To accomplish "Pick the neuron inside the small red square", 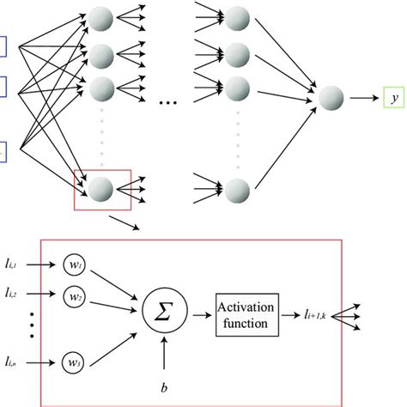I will [102, 187].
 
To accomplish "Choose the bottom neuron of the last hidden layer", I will [239, 187].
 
